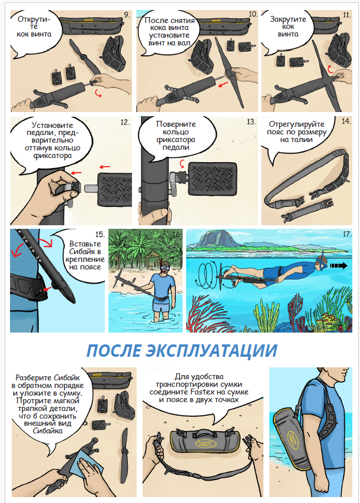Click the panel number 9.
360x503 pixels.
[x=127, y=15]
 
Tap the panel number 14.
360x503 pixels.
[x=346, y=121]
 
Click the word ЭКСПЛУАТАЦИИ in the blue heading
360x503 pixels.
[x=212, y=350]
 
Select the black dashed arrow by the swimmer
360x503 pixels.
[x=339, y=265]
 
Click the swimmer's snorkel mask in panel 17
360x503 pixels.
[x=322, y=265]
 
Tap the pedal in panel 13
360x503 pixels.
[x=213, y=178]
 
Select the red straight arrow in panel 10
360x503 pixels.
[x=223, y=85]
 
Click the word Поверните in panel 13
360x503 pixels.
[x=176, y=124]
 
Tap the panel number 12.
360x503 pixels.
[x=125, y=123]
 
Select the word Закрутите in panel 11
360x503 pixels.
[x=288, y=19]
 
